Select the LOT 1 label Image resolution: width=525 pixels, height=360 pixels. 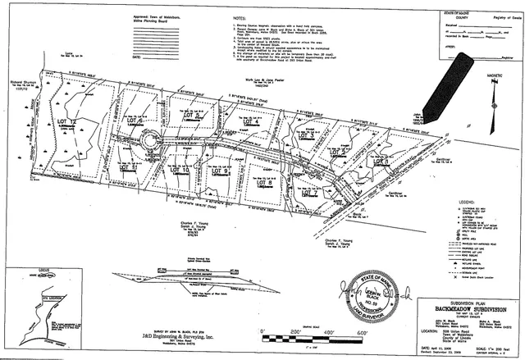pyautogui.click(x=380, y=163)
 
